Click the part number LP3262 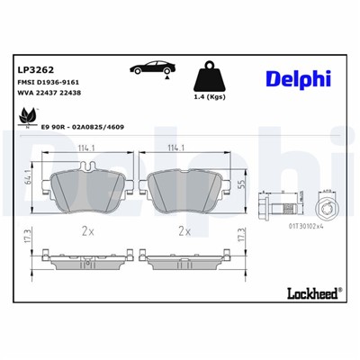pyautogui.click(x=33, y=67)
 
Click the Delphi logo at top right pyautogui.click(x=297, y=79)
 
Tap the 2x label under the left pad pyautogui.click(x=86, y=231)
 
